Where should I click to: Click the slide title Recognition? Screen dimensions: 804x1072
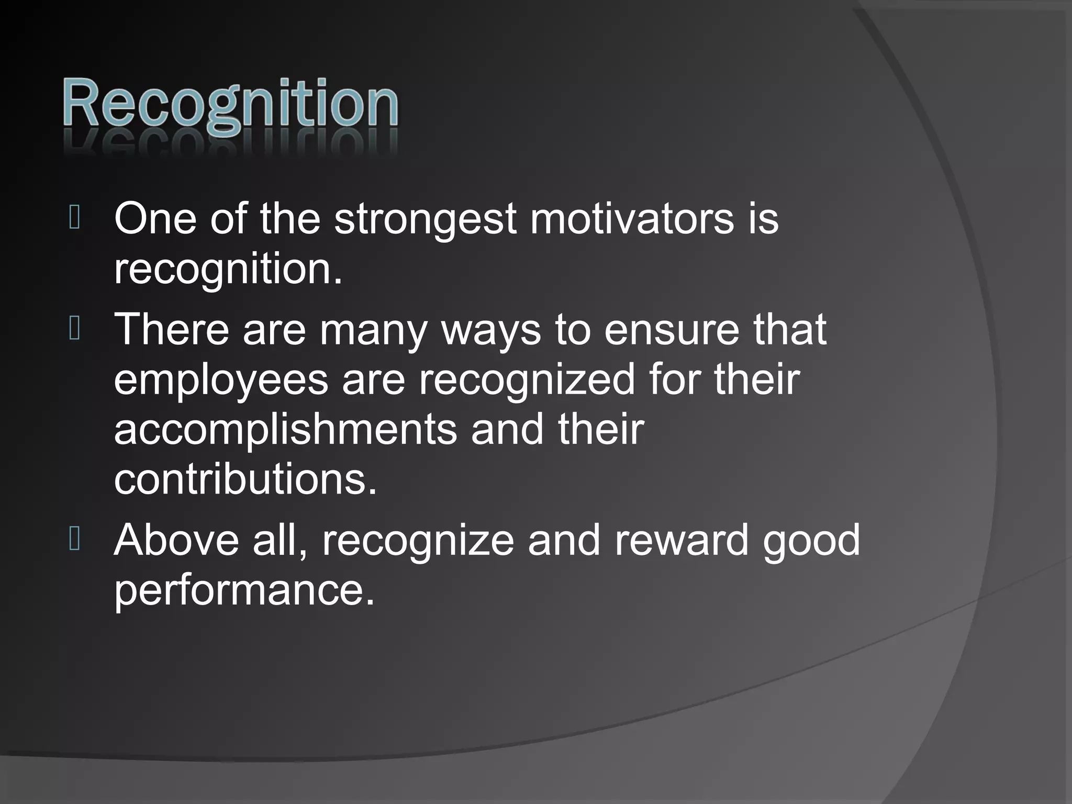click(230, 105)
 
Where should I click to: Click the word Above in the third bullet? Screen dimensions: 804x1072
click(176, 540)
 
